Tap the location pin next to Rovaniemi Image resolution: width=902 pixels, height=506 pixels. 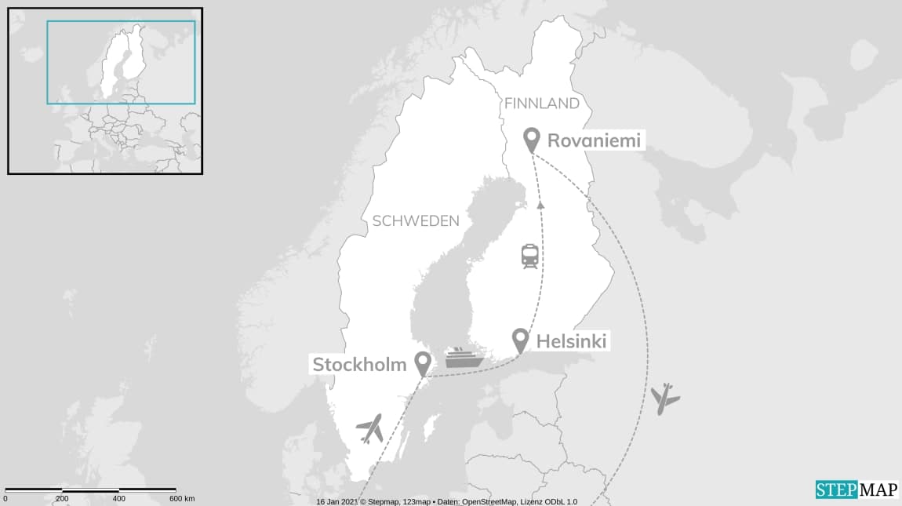click(532, 140)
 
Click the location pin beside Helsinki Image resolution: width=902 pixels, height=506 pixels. click(519, 340)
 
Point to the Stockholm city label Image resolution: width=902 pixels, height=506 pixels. click(359, 364)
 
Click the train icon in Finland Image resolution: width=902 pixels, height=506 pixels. click(529, 257)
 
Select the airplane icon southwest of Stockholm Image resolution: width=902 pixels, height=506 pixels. click(369, 428)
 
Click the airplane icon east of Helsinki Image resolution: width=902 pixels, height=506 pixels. click(664, 399)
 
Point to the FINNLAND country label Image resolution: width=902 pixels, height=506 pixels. click(542, 104)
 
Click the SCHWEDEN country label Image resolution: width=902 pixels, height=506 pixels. click(416, 221)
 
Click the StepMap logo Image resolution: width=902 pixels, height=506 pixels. click(856, 490)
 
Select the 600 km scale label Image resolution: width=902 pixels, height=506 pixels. click(182, 499)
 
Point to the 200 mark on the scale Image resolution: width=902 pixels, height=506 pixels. click(62, 499)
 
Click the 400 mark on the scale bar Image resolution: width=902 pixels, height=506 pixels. click(118, 499)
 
